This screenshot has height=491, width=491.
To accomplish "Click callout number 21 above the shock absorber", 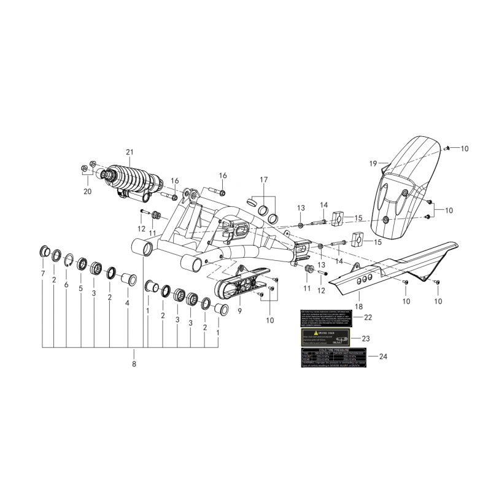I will (x=129, y=152).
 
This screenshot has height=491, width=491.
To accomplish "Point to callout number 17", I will (x=264, y=180).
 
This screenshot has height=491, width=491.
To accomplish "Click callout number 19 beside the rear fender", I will (x=373, y=164).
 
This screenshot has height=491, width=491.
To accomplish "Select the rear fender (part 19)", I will (x=405, y=184).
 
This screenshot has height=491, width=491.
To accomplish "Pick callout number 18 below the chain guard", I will (x=359, y=305).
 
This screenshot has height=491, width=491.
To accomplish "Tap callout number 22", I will (x=368, y=317).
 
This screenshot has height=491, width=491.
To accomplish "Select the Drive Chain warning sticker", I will (x=325, y=338).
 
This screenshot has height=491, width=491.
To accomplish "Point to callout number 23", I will (x=367, y=338).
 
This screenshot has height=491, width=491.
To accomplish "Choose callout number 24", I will (x=384, y=357).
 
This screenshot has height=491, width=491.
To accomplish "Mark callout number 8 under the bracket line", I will (x=134, y=364).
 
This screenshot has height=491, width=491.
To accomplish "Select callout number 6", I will (x=66, y=285).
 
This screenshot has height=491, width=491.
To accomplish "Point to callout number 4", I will (x=127, y=303).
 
